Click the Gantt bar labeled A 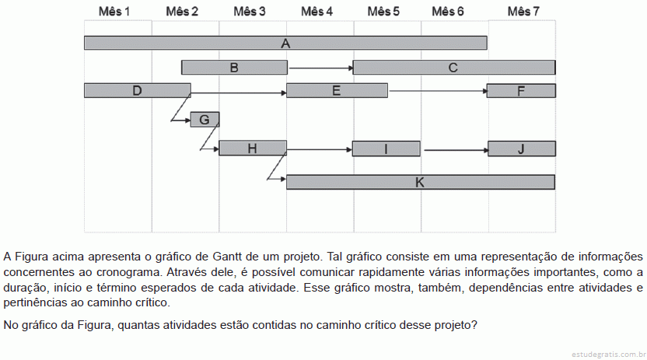coord(285,43)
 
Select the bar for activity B coord(234,67)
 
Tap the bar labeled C coord(454,67)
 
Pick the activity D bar coord(138,90)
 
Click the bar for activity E coord(337,90)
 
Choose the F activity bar coord(521,91)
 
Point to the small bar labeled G coord(205,120)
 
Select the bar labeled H coord(253,148)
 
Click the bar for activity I coord(386,149)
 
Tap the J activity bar coord(522,149)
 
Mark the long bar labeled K coord(421,182)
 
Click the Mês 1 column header coord(114,12)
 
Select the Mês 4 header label coord(317,12)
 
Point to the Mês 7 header coord(523,12)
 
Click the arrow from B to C coord(321,68)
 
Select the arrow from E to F coord(439,91)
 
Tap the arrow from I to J coord(456,150)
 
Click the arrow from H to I coord(320,150)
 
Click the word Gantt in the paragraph coord(227,257)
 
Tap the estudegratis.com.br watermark coord(609,355)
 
